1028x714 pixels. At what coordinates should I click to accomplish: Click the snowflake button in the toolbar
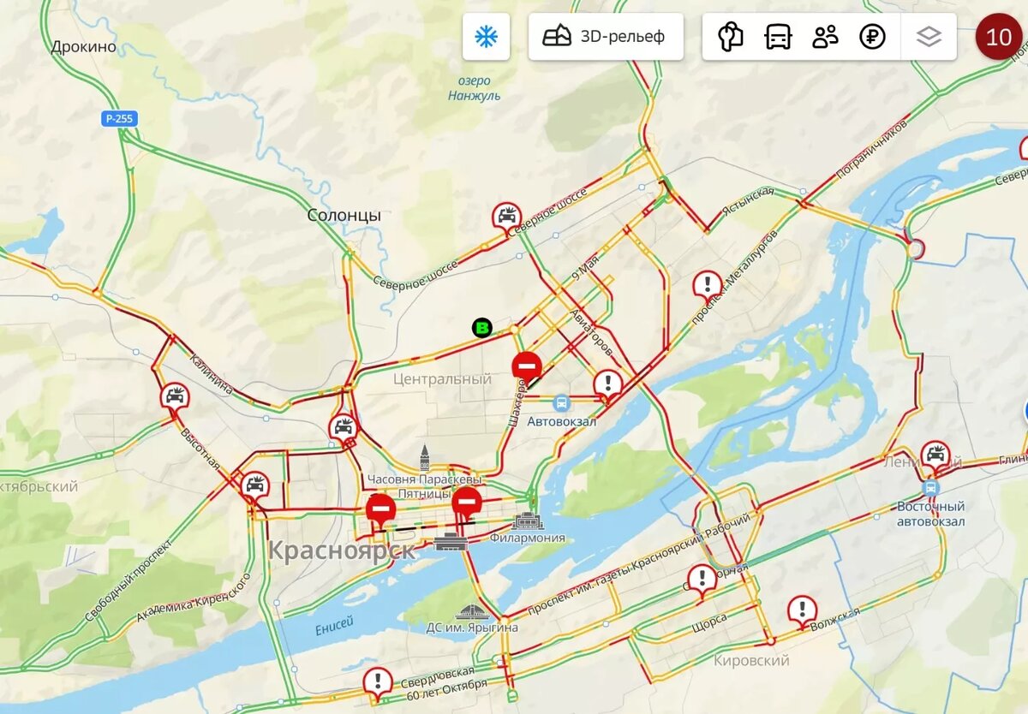487,37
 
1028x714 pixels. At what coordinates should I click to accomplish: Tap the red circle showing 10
998,37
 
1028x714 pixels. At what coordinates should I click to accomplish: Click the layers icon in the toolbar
929,37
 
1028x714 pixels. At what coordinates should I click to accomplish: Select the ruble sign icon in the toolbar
872,37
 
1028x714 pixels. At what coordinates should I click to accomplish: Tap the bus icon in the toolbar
778,37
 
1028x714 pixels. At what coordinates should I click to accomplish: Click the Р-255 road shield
119,119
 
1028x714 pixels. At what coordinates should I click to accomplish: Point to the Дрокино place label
83,47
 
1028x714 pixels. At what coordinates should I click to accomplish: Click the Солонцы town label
344,216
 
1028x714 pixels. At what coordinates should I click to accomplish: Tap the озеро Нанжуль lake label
474,88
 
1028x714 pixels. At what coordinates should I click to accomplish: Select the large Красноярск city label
342,550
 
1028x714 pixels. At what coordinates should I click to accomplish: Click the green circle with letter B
482,327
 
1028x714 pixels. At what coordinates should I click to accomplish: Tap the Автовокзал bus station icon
560,402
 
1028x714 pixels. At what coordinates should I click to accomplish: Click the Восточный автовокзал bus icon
931,488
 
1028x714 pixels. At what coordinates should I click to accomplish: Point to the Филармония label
528,538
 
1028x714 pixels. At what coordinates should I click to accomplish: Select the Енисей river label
334,628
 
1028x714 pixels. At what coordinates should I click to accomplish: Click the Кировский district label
751,660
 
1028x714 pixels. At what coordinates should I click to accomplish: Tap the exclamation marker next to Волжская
802,610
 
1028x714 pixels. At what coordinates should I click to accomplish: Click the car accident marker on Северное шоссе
506,216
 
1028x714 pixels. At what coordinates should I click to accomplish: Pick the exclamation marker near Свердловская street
377,681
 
